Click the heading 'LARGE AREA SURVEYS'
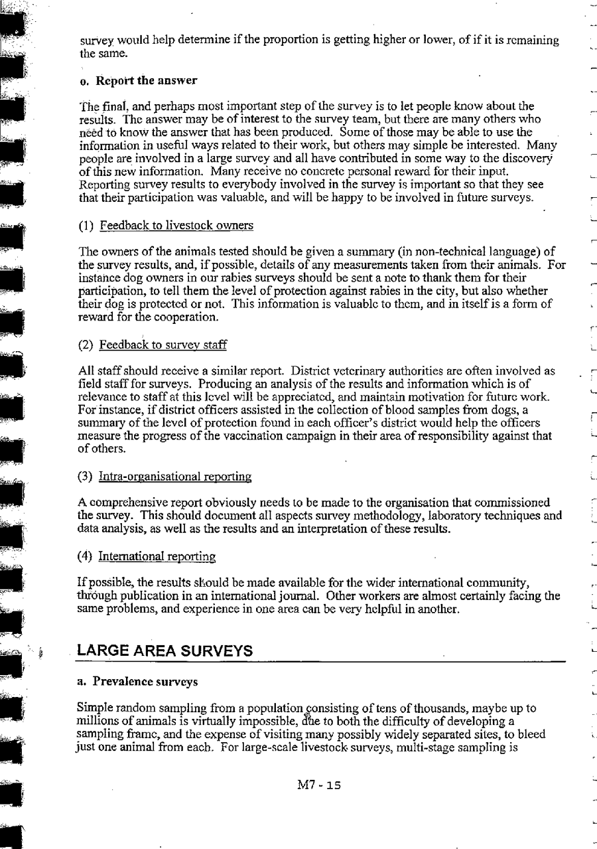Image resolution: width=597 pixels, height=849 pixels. coord(165,651)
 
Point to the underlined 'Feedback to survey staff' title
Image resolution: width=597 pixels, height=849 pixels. coord(163,345)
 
